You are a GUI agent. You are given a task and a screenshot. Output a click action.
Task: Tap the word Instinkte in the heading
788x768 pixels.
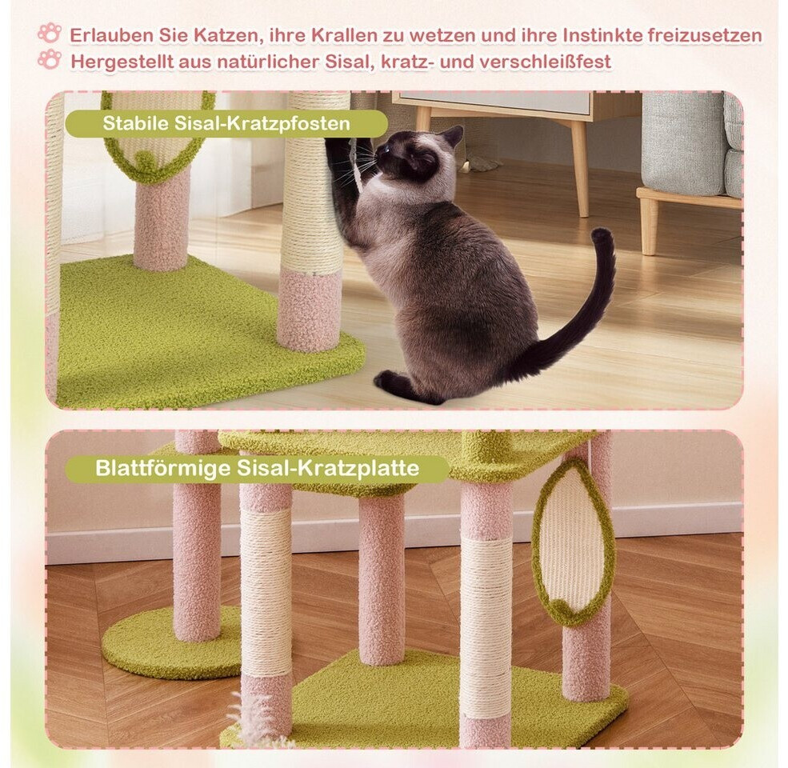602,36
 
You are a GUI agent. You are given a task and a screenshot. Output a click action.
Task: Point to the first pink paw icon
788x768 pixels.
50,33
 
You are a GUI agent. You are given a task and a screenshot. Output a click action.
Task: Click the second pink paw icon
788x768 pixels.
50,59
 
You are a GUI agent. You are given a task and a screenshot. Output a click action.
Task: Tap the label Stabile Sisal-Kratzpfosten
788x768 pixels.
226,123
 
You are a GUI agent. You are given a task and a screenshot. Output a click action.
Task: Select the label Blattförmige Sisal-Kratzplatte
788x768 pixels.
258,469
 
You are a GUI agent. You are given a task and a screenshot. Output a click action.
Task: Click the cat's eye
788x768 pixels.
389,149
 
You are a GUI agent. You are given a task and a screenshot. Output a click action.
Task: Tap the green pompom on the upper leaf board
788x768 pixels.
146,160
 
